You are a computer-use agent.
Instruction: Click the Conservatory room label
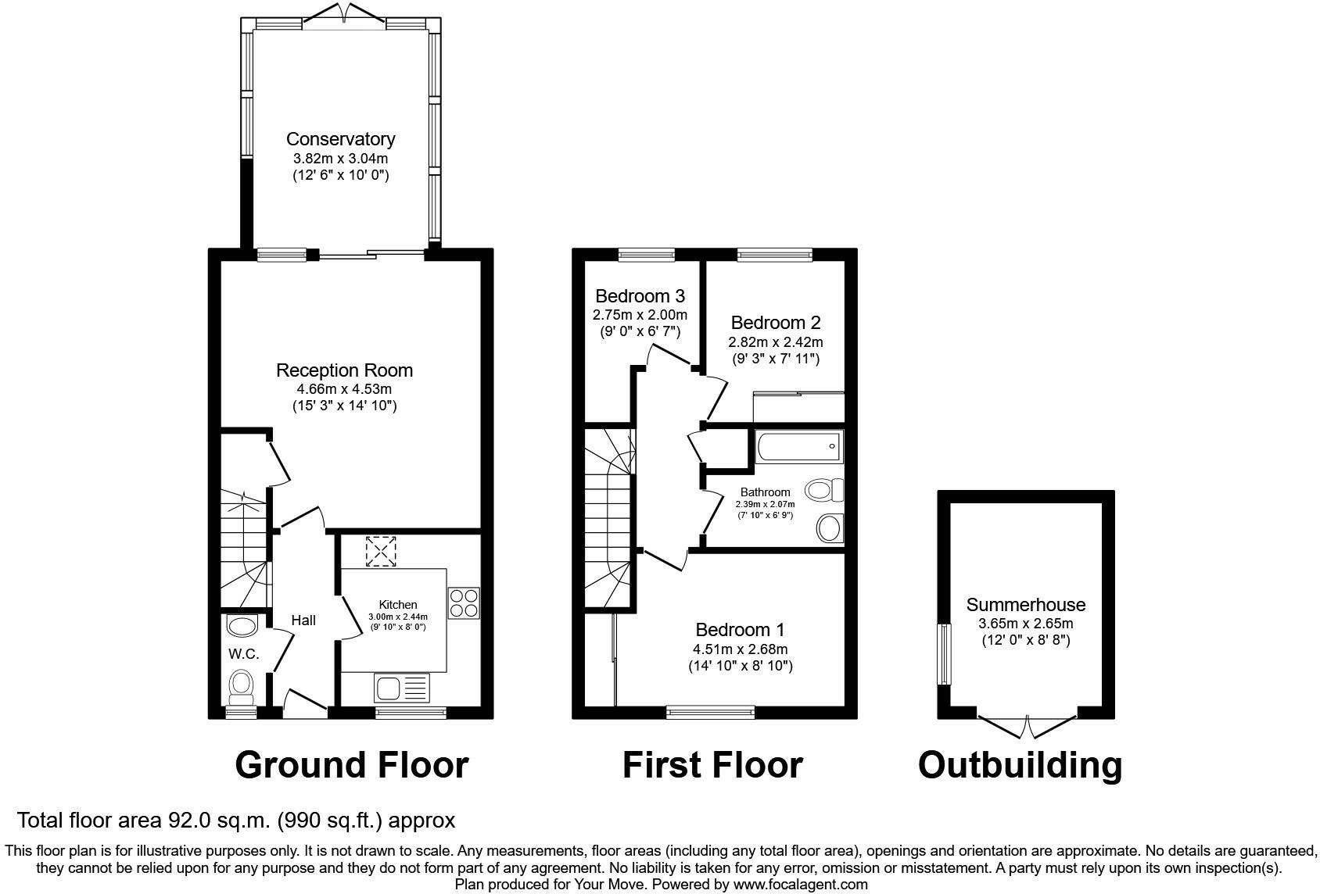click(x=341, y=139)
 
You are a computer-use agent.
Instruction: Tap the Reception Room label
click(x=344, y=370)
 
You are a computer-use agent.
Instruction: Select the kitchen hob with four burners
click(x=464, y=603)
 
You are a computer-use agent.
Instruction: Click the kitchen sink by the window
click(x=401, y=688)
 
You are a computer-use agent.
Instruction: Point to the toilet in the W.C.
click(x=241, y=687)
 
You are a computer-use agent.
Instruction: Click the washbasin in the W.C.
click(x=242, y=625)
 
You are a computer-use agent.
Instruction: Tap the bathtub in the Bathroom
click(x=799, y=446)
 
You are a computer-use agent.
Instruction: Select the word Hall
click(x=303, y=620)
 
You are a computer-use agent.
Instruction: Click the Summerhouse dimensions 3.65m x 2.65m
click(x=1026, y=624)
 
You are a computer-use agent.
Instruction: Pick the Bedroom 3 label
click(x=640, y=295)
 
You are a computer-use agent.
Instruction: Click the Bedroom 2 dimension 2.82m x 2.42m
click(x=776, y=342)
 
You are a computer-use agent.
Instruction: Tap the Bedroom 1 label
click(x=740, y=630)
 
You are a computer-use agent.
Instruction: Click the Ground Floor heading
click(x=352, y=765)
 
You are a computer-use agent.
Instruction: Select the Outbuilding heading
click(x=1020, y=766)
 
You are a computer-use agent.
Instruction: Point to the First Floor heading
click(x=712, y=765)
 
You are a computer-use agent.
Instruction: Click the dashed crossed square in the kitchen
click(x=381, y=551)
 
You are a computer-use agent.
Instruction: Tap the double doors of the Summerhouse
click(x=1027, y=726)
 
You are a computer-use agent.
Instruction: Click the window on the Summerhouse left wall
click(x=944, y=654)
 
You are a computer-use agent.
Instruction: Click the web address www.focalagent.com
click(x=800, y=884)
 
